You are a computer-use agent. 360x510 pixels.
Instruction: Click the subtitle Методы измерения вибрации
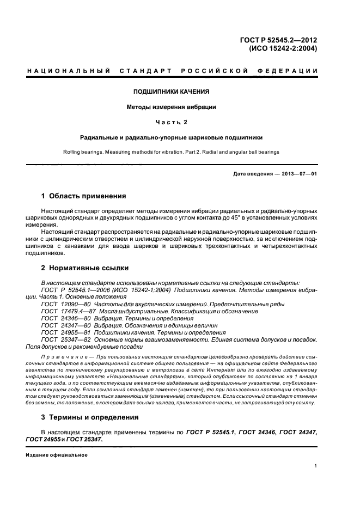(171, 107)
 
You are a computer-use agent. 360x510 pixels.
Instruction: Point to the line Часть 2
(172, 122)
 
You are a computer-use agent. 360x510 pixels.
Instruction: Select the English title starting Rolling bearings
(171, 153)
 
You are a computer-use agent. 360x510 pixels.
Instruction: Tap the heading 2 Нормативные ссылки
(84, 268)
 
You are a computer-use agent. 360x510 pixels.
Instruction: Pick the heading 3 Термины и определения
(89, 417)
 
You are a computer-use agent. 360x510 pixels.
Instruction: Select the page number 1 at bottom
(316, 466)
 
